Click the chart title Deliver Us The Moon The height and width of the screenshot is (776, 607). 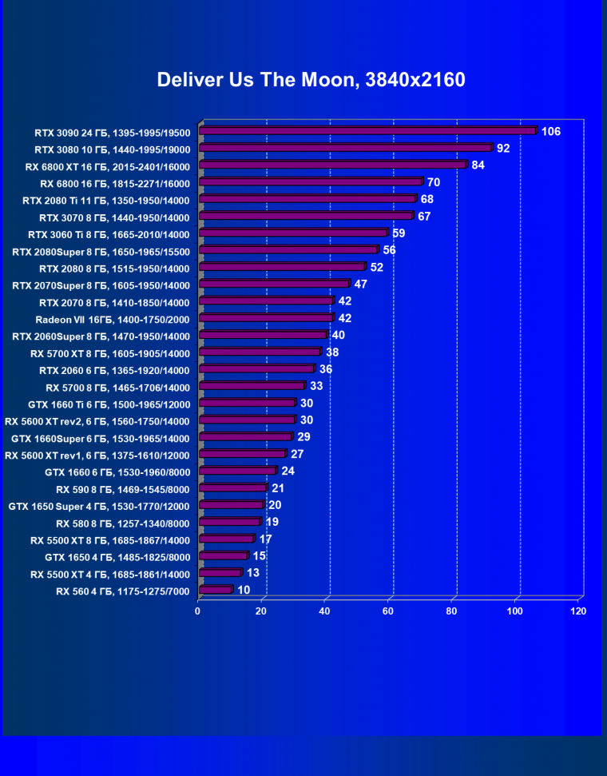tap(311, 80)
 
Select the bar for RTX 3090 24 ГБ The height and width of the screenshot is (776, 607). tap(367, 131)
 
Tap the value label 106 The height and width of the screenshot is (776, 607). tap(551, 131)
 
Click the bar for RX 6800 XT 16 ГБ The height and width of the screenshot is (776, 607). tap(332, 165)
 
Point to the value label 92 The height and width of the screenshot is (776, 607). tap(503, 148)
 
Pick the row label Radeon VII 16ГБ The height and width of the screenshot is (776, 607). tap(112, 319)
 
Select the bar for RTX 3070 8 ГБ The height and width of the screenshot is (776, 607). tap(306, 216)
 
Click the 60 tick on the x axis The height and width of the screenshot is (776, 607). tap(388, 611)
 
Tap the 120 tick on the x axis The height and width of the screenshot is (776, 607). tap(578, 611)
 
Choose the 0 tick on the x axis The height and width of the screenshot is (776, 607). tap(198, 611)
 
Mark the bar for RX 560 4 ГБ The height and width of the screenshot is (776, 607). tap(215, 590)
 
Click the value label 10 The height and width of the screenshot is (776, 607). tap(244, 590)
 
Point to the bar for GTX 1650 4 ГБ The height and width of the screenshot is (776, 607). tap(224, 556)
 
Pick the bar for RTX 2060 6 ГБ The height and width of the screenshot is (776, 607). tap(256, 369)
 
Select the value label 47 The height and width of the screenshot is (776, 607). tap(361, 285)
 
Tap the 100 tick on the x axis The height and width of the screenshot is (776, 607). tap(515, 611)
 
